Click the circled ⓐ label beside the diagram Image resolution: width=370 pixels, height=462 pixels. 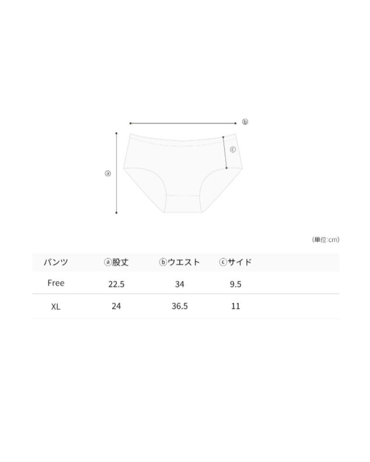(x=108, y=174)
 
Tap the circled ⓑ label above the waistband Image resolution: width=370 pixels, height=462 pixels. (x=245, y=122)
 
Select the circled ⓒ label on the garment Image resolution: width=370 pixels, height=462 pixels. (x=233, y=149)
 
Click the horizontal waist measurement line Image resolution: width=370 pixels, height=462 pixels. (x=183, y=124)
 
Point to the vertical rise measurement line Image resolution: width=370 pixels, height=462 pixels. (x=116, y=173)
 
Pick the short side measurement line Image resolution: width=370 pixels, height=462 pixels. (x=225, y=152)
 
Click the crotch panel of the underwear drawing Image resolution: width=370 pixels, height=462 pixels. (x=183, y=203)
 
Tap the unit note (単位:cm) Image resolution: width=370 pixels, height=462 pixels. (x=326, y=240)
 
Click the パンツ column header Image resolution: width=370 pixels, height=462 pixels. (x=56, y=262)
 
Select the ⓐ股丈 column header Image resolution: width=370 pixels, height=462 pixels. (x=116, y=262)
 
